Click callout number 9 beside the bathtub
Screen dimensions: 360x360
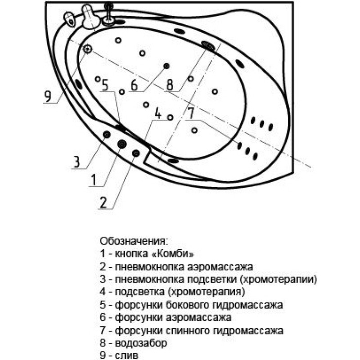click(x=48, y=96)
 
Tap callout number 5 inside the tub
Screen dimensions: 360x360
click(x=105, y=85)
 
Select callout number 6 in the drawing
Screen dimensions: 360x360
click(x=134, y=85)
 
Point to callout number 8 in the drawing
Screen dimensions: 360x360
click(x=170, y=85)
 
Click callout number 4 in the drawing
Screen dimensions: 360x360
click(x=158, y=113)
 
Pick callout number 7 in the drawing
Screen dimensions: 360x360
click(x=191, y=113)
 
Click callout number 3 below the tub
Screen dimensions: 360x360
click(x=76, y=162)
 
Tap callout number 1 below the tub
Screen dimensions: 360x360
click(x=94, y=180)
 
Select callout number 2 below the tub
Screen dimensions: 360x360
click(x=103, y=202)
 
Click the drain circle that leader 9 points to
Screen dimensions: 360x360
click(x=87, y=49)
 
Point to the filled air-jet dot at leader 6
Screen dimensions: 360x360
click(x=166, y=66)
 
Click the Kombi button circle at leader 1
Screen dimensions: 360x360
click(x=122, y=144)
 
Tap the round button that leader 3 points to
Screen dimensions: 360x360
click(x=107, y=134)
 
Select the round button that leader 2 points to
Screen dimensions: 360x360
click(x=136, y=153)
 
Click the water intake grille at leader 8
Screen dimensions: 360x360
click(x=208, y=46)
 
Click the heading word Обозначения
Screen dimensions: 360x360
click(x=134, y=241)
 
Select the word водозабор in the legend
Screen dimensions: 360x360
click(x=141, y=343)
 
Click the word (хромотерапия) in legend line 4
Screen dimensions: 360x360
click(x=207, y=292)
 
